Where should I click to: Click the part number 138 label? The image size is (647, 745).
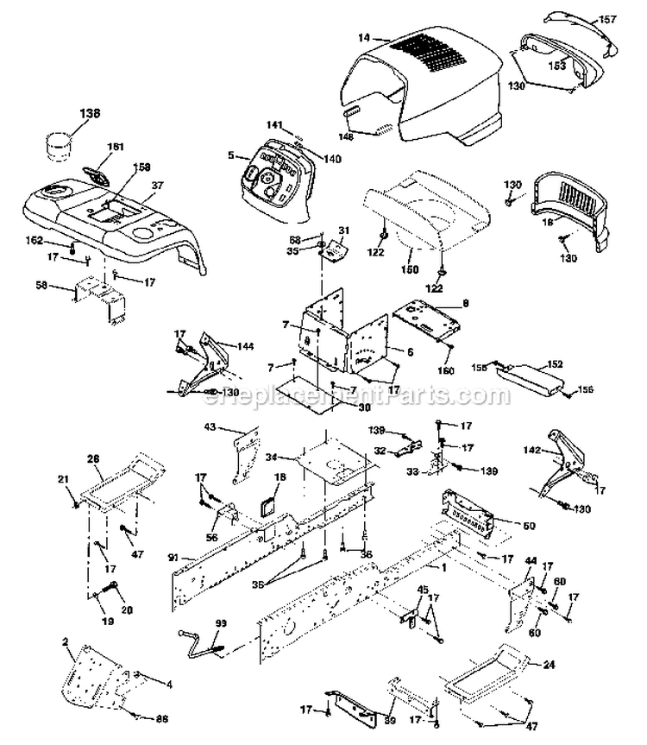pyautogui.click(x=90, y=112)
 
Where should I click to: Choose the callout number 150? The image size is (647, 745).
pyautogui.click(x=410, y=268)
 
